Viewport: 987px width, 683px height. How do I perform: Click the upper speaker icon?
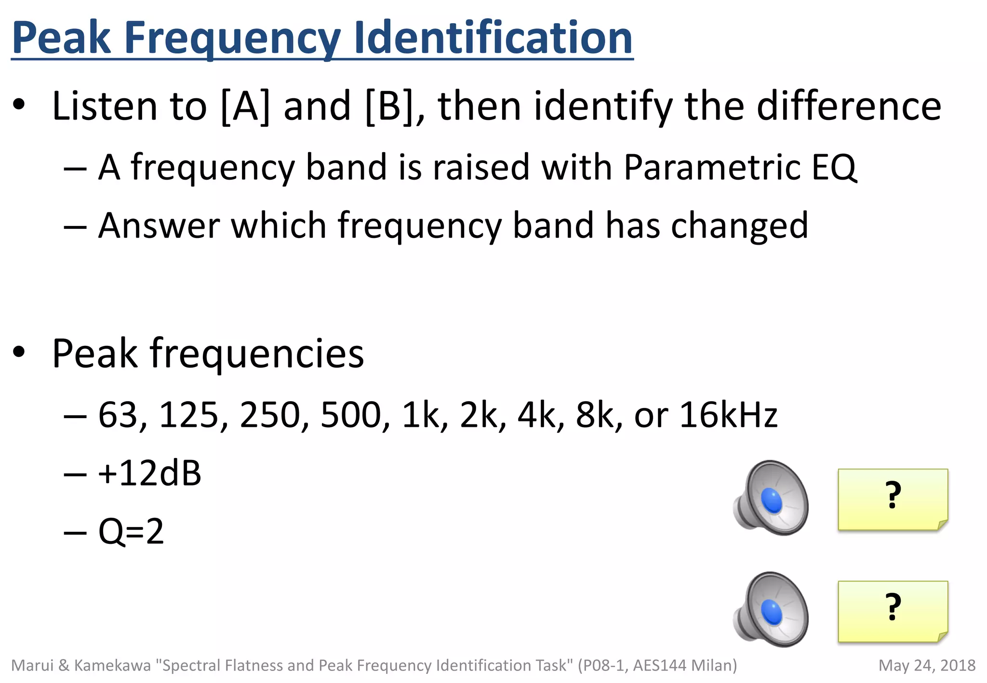(x=771, y=498)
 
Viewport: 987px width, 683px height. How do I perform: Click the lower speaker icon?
(x=771, y=610)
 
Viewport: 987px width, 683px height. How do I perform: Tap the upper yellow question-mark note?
(x=893, y=499)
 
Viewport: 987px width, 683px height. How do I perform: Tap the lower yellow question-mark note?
(x=893, y=611)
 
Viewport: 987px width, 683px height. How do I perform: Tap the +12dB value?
(x=149, y=473)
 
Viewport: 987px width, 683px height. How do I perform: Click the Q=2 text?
(x=131, y=531)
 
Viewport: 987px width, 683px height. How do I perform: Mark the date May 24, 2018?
(x=927, y=665)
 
